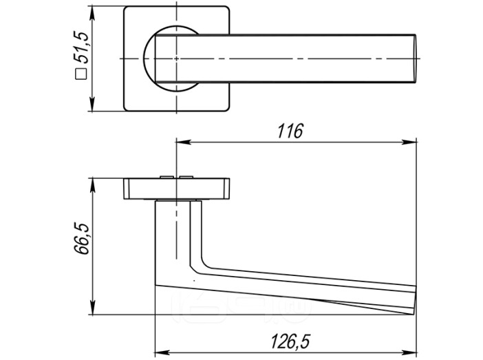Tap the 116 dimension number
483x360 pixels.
coord(290,131)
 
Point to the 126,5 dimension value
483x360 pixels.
coord(290,341)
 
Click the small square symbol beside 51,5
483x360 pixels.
coord(81,74)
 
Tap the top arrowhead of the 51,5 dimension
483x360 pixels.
coord(92,13)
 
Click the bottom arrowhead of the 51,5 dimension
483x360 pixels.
coord(92,104)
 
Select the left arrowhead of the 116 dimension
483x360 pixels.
coord(183,142)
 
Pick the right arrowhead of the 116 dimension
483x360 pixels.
coord(409,142)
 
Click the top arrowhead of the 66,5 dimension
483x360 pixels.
coord(92,185)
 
